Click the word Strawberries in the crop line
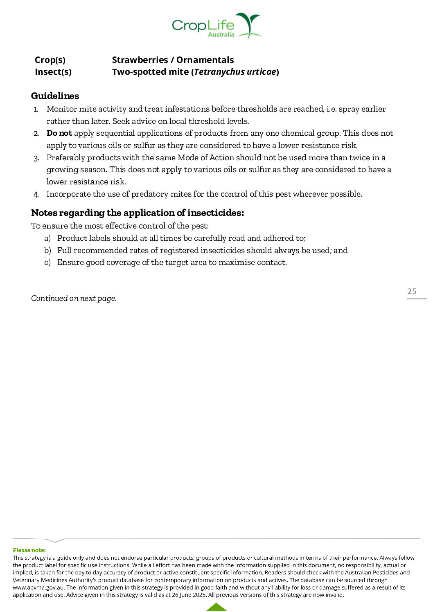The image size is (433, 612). click(140, 60)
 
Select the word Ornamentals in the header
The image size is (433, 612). click(205, 60)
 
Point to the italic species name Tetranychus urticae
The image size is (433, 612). click(235, 72)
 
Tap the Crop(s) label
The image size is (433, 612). click(50, 60)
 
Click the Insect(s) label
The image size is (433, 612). click(53, 72)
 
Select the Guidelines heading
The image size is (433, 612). click(55, 96)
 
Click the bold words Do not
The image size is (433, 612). click(59, 133)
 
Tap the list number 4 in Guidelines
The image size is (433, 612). click(36, 195)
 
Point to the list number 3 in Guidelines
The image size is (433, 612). click(36, 158)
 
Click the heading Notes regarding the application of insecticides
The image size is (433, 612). click(138, 213)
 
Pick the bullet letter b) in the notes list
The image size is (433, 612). click(47, 251)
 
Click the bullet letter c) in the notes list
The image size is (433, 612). click(47, 262)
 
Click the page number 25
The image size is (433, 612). click(412, 291)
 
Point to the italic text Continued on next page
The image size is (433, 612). click(74, 298)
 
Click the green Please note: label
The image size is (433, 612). click(29, 550)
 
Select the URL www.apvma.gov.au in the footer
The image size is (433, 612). click(38, 587)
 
